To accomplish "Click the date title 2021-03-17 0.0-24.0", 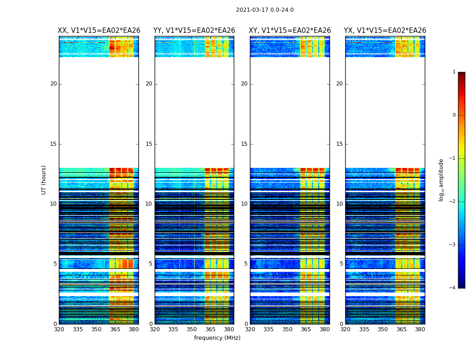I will [x=265, y=10].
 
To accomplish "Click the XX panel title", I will [x=99, y=31].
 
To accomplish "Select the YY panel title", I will [x=194, y=31].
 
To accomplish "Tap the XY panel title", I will [x=290, y=31].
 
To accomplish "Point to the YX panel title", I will [x=385, y=31].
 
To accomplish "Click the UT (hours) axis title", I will [x=44, y=180].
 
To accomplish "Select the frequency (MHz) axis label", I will [x=217, y=338].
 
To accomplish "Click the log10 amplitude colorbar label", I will [x=441, y=180].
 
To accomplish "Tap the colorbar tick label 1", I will [x=454, y=72].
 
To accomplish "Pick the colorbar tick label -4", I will [x=453, y=288].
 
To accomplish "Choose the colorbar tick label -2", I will [x=453, y=202].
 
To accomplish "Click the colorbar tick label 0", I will [x=454, y=115].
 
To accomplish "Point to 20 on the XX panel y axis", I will [x=53, y=84].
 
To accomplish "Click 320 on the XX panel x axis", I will [x=59, y=329].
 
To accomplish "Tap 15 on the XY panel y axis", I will [x=245, y=144].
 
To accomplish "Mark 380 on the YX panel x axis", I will [x=420, y=329].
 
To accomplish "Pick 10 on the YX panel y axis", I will [x=340, y=204].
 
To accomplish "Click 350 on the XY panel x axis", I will [x=287, y=329].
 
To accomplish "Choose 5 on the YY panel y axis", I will [x=151, y=264].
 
